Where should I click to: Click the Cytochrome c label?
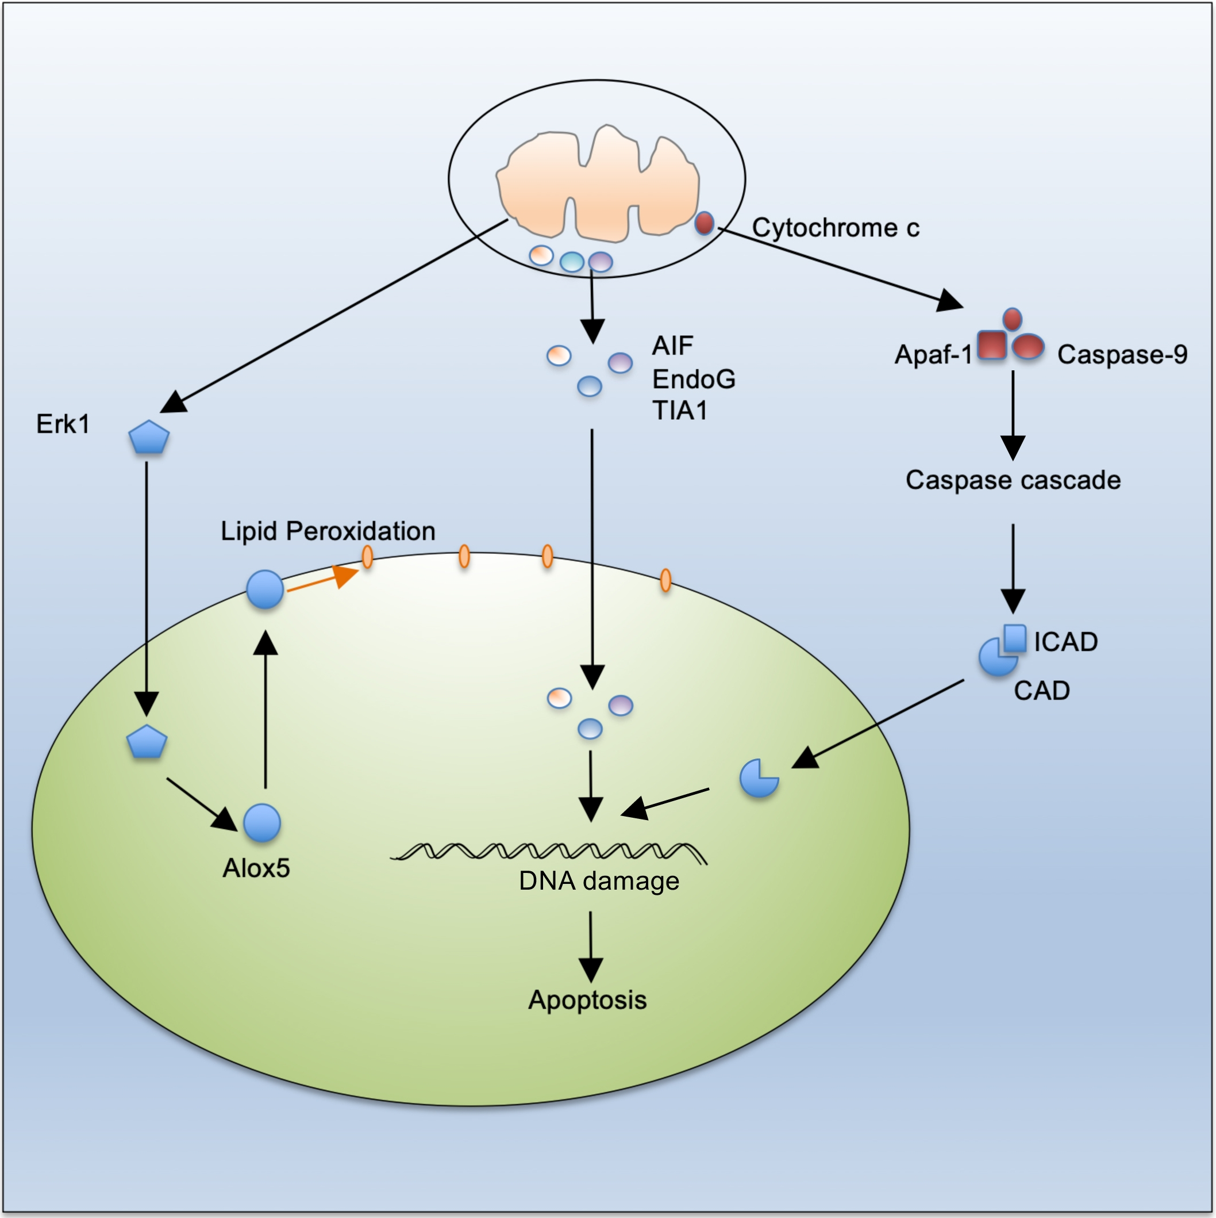point(835,228)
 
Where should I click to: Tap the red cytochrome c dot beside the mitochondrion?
point(704,223)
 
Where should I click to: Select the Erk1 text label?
point(63,424)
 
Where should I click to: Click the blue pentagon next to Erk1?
point(149,438)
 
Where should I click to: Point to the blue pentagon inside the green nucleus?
point(147,742)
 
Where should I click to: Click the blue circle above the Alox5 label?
point(261,823)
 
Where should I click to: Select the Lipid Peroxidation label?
point(328,531)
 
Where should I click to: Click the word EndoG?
point(693,379)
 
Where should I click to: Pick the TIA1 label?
point(679,411)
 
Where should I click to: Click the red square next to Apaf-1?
point(992,346)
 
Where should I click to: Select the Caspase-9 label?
point(1122,354)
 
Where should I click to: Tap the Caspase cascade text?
point(1013,480)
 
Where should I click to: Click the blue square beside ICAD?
point(1014,638)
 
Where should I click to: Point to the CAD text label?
point(1041,690)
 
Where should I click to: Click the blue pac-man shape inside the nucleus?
point(758,779)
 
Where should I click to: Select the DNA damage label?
point(599,880)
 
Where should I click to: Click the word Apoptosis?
point(587,1000)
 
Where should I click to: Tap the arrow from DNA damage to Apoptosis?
point(590,945)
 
